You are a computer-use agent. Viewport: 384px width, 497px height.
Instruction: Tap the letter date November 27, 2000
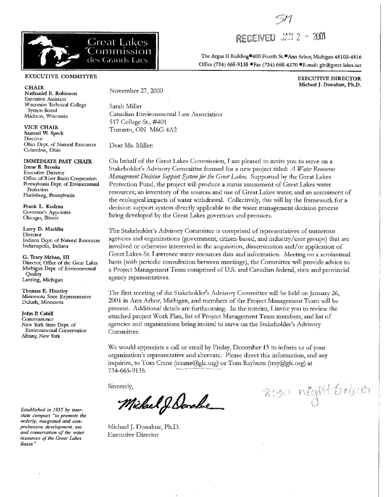(138, 90)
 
